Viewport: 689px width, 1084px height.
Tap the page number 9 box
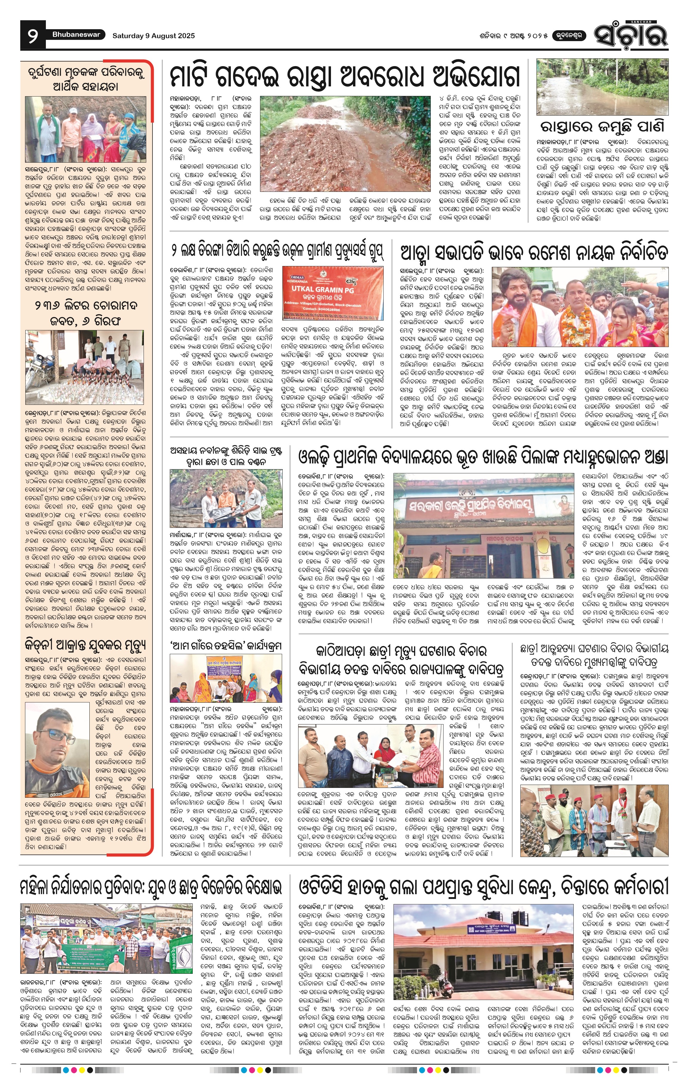pyautogui.click(x=33, y=35)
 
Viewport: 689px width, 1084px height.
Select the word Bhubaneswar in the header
pyautogui.click(x=76, y=35)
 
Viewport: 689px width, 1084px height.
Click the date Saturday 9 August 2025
pyautogui.click(x=153, y=35)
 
